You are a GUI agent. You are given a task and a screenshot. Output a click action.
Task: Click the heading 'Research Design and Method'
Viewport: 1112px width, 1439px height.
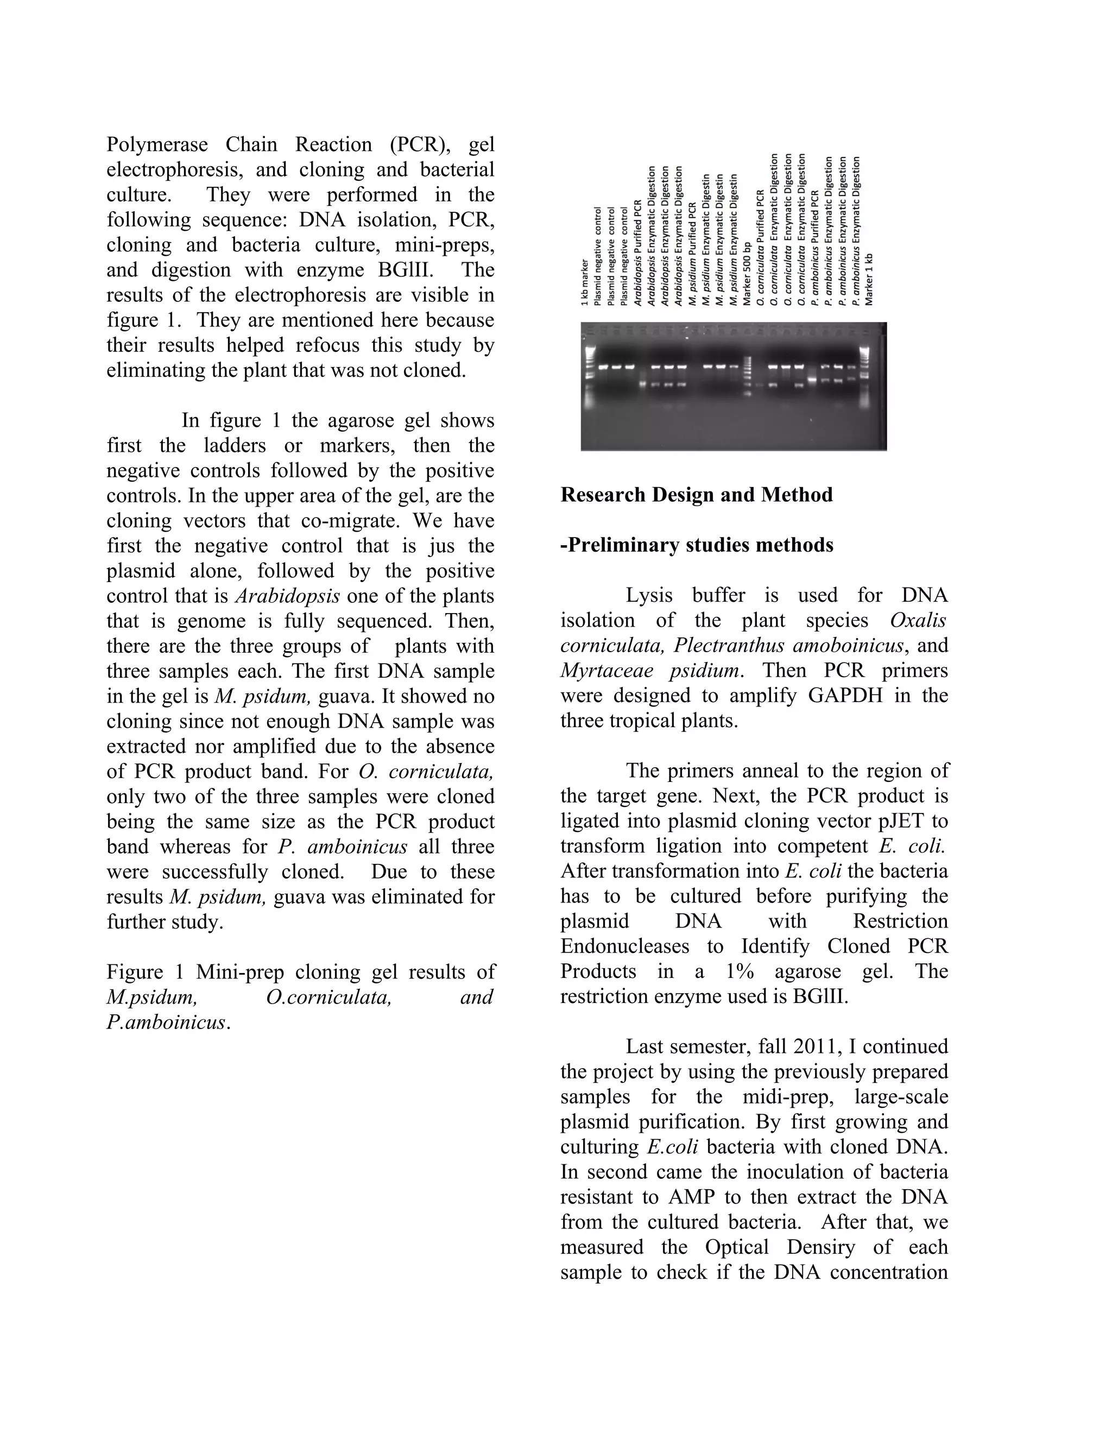pyautogui.click(x=696, y=495)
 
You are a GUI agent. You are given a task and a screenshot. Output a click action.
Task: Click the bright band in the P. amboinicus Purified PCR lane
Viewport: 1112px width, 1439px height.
pyautogui.click(x=812, y=380)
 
